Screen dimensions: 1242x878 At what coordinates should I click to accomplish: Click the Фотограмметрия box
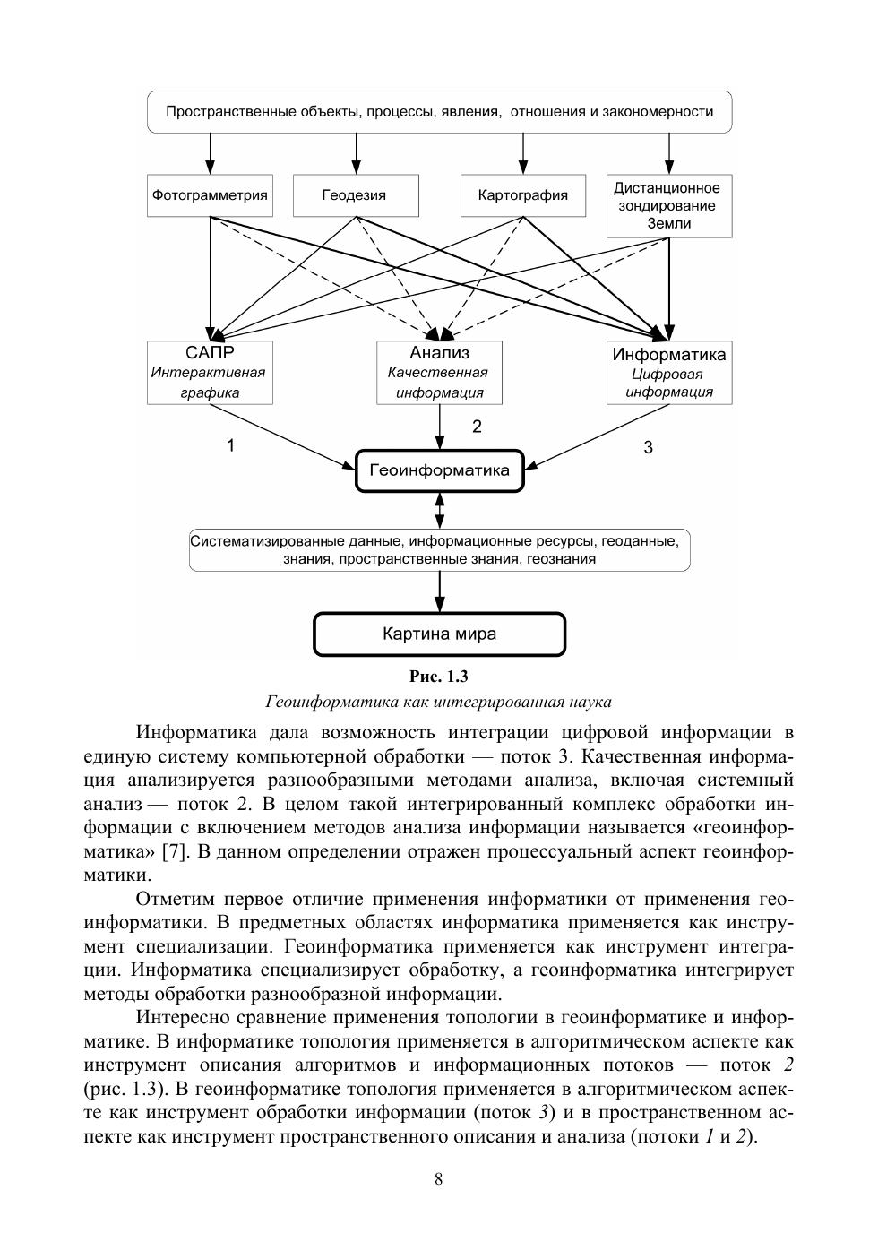(210, 195)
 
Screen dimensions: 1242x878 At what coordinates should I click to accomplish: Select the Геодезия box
(355, 195)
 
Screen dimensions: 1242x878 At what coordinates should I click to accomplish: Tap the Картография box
(522, 195)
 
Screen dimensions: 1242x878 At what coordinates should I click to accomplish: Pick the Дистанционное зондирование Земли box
(668, 205)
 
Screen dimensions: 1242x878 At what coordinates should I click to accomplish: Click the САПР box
(210, 372)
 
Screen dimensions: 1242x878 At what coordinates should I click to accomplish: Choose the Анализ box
(439, 372)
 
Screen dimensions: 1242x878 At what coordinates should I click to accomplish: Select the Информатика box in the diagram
(668, 372)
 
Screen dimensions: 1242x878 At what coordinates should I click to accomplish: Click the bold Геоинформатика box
(439, 470)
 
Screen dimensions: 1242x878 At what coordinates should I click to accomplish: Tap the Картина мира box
(439, 634)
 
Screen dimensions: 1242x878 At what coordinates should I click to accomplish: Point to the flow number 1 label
(231, 445)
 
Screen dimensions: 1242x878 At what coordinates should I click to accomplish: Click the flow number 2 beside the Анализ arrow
(477, 427)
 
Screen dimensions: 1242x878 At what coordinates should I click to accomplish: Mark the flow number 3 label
(648, 448)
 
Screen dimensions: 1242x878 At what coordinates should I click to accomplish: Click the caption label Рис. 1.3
(438, 677)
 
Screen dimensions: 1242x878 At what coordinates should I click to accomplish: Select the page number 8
(438, 1179)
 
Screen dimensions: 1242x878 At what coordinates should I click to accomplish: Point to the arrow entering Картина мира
(439, 591)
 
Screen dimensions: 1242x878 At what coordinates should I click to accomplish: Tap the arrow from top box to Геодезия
(356, 153)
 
